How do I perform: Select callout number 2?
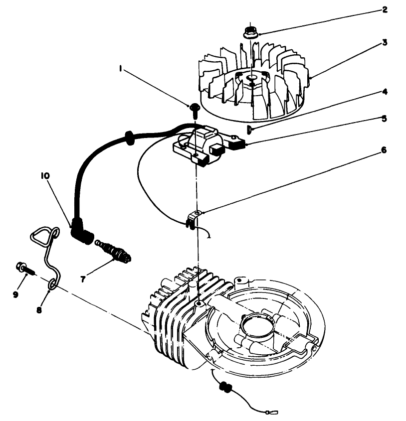click(x=385, y=9)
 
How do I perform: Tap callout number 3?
click(x=385, y=43)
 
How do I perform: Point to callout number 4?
click(x=385, y=92)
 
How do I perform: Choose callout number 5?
click(x=385, y=119)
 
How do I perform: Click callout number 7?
click(x=83, y=279)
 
